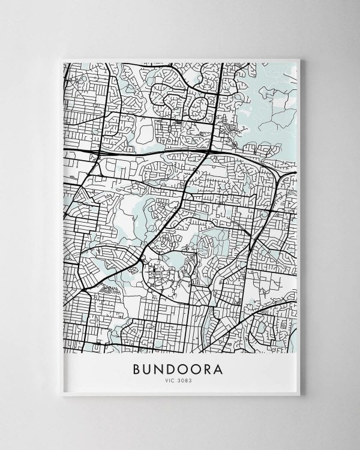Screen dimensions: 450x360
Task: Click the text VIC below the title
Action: point(172,380)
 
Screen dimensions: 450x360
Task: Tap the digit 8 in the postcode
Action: point(188,380)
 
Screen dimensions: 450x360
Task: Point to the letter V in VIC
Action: point(169,380)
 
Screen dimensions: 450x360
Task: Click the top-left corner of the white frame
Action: point(62,59)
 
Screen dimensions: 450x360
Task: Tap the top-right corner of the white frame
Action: point(300,59)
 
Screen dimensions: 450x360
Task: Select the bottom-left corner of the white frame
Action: point(62,395)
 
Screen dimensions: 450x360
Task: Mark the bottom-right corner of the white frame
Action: point(300,395)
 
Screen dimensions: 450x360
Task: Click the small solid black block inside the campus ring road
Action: point(155,271)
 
